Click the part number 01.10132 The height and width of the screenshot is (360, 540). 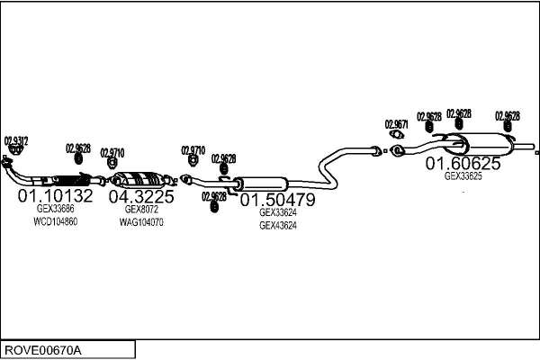coord(55,196)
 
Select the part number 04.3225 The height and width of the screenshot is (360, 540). coord(141,196)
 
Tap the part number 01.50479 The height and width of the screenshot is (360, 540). coord(277,200)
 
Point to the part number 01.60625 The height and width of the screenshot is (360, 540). coord(463,164)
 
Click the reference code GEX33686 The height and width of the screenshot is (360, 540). coord(55,210)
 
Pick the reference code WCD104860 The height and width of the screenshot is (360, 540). coord(55,221)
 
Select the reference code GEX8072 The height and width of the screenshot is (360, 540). coord(141,210)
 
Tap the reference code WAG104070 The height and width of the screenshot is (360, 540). coord(141,221)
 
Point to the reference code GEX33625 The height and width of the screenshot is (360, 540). coord(463,176)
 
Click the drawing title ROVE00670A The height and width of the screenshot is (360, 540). coord(43,349)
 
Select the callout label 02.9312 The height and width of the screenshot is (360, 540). coord(16,140)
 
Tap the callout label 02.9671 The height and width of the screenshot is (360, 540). coord(396,124)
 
